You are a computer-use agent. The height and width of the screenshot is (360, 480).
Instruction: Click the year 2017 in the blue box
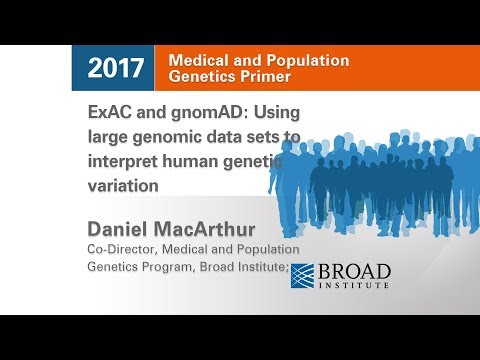click(116, 69)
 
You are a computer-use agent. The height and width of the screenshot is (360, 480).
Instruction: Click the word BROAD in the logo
click(354, 270)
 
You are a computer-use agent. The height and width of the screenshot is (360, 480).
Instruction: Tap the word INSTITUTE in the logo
click(354, 284)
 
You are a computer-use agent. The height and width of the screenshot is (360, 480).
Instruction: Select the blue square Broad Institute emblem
click(303, 275)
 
